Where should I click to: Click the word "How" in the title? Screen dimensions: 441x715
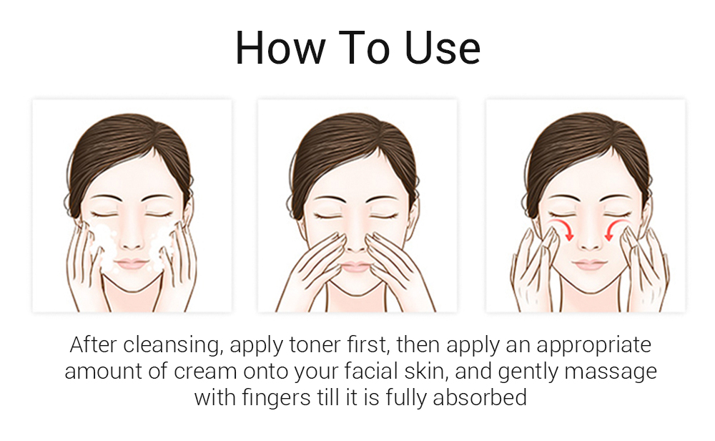[279, 49]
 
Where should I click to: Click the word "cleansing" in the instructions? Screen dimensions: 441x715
[168, 344]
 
